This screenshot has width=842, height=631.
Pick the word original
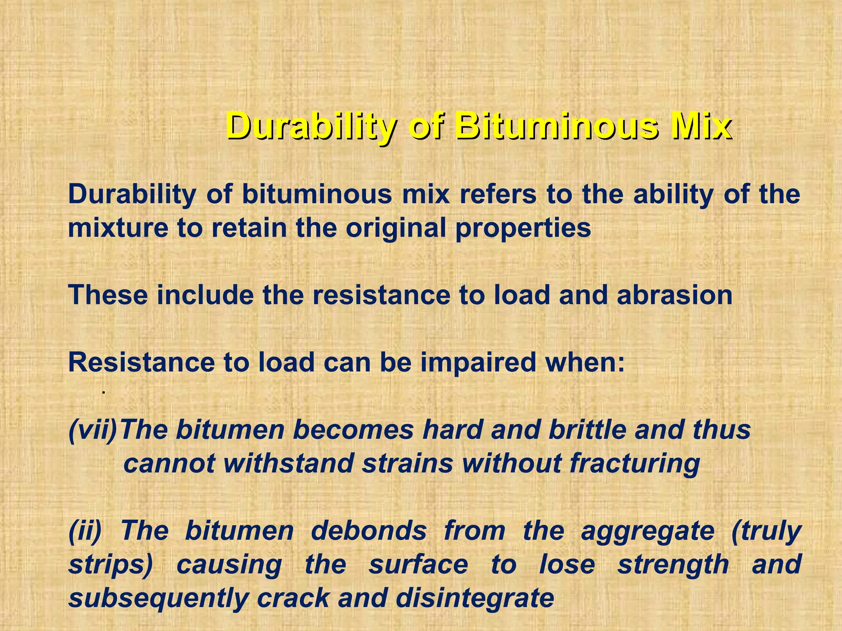click(396, 228)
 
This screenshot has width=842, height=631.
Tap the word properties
click(523, 229)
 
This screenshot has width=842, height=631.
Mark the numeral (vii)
click(93, 430)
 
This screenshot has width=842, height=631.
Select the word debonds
click(368, 530)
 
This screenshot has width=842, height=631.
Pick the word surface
click(418, 564)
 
